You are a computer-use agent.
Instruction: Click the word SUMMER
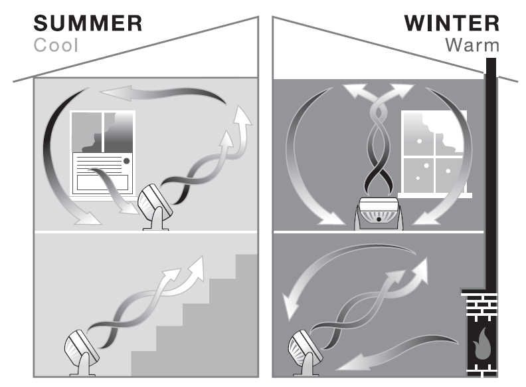click(88, 23)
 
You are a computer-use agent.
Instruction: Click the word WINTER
click(452, 23)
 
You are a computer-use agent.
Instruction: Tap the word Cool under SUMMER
click(56, 45)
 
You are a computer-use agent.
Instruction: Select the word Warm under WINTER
click(472, 45)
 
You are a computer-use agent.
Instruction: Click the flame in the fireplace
click(482, 344)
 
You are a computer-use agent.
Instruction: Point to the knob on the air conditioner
click(126, 161)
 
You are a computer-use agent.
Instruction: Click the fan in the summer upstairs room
click(155, 207)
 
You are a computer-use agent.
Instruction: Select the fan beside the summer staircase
click(82, 352)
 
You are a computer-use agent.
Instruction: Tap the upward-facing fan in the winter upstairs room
click(379, 213)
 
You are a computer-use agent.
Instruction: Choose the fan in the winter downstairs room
click(306, 352)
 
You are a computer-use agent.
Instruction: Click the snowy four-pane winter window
click(434, 154)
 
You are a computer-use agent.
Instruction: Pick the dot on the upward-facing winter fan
click(379, 219)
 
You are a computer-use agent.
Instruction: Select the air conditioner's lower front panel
click(102, 182)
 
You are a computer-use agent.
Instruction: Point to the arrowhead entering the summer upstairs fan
click(129, 208)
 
